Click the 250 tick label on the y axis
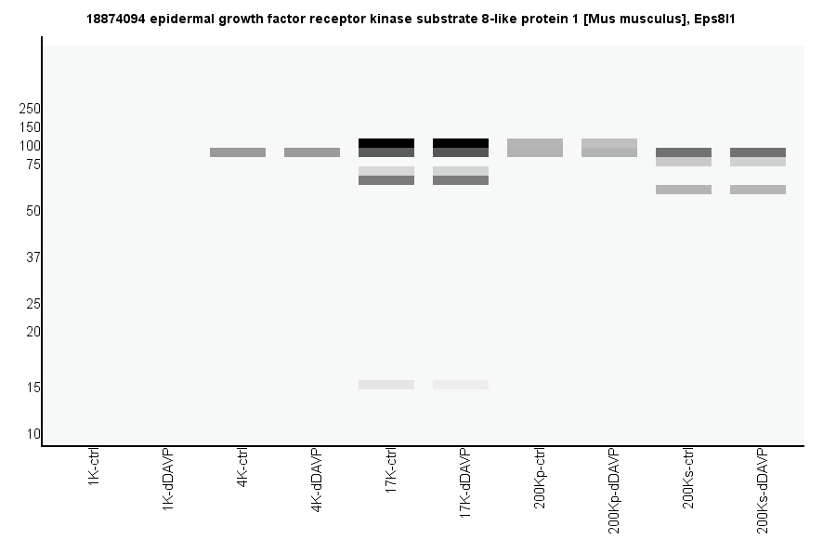[x=30, y=109]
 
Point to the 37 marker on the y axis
[x=33, y=257]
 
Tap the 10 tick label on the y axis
[x=33, y=434]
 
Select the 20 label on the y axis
[x=33, y=332]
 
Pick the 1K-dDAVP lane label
[x=168, y=478]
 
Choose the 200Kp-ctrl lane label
[x=540, y=478]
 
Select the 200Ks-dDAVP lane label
[x=763, y=491]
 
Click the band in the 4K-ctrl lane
[x=238, y=152]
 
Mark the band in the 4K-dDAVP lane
[x=312, y=152]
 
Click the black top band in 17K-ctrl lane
[x=386, y=143]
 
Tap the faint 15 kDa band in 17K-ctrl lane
[x=386, y=385]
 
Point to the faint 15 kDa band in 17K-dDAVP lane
[x=461, y=385]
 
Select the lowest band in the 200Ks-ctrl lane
[x=684, y=190]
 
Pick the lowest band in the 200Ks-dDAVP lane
[x=758, y=190]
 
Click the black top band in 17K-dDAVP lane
[x=461, y=143]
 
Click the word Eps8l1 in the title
[x=715, y=19]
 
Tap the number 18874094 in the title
[x=115, y=19]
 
